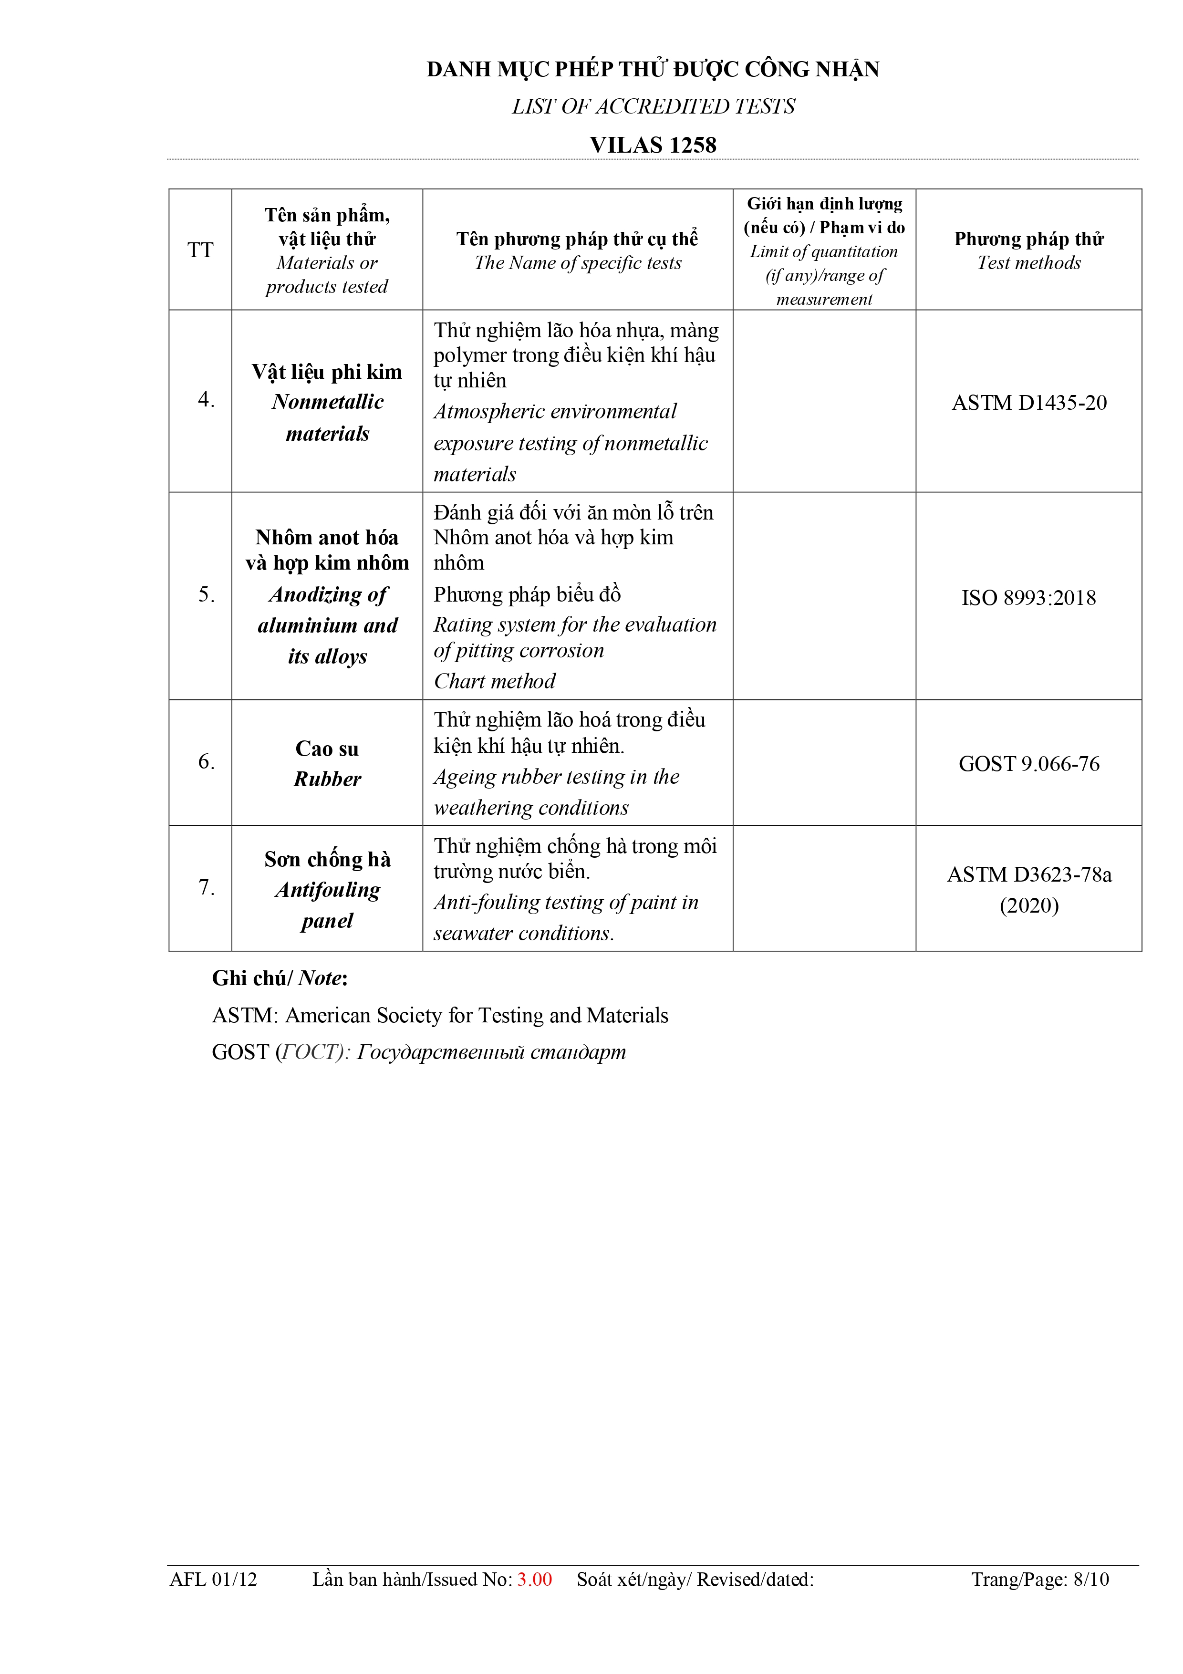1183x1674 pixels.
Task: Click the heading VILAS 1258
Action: coord(653,145)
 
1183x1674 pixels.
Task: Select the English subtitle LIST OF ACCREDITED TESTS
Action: coord(653,106)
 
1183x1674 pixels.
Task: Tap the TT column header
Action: coord(200,250)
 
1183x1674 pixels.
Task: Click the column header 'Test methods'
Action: coord(1028,263)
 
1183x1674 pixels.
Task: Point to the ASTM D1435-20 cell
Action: coord(1028,403)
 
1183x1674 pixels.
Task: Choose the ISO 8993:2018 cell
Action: coord(1028,598)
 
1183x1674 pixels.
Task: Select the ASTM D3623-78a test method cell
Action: coord(1028,875)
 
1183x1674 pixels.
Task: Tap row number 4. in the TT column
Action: coord(206,400)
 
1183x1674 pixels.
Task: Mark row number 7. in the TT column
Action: coord(206,887)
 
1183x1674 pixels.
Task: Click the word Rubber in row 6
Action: coord(327,780)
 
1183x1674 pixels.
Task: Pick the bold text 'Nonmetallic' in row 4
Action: coord(327,402)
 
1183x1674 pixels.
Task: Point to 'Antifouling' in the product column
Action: coord(327,890)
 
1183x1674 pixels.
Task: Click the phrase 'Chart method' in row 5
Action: coord(494,681)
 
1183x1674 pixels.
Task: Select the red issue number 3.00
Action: coord(534,1579)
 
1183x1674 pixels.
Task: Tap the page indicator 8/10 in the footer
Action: coord(1090,1579)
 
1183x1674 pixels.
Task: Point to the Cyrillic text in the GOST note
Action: coord(490,1052)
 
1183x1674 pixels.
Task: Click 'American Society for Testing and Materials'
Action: coord(477,1016)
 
